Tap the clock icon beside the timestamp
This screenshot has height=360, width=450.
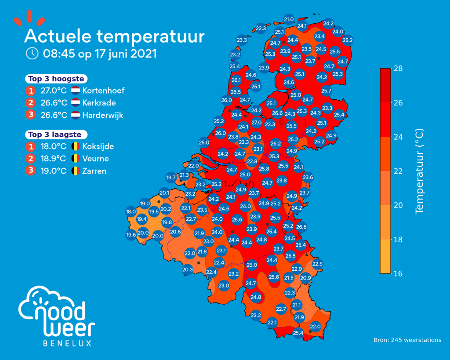[32, 53]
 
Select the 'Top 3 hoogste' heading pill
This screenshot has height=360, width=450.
[56, 79]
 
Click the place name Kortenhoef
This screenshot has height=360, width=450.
[103, 91]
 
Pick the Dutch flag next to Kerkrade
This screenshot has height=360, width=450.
[76, 102]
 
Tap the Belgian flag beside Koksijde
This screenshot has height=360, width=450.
[76, 146]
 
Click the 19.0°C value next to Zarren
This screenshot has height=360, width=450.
[53, 171]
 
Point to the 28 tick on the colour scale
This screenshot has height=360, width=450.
[398, 68]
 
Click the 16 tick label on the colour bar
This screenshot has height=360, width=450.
[398, 273]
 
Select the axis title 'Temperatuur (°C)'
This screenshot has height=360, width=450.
[419, 171]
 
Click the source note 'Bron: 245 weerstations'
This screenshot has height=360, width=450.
[407, 340]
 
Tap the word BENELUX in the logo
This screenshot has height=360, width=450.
[67, 343]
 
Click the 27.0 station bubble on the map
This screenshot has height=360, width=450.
[257, 123]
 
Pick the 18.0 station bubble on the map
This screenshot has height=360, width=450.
[131, 211]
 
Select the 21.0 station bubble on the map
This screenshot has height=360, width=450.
[289, 19]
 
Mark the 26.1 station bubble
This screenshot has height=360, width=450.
[236, 80]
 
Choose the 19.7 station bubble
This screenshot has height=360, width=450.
[171, 178]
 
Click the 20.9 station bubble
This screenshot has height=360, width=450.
[306, 278]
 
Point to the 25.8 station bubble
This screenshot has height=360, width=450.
[264, 169]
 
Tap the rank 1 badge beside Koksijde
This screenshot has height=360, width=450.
[30, 147]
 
